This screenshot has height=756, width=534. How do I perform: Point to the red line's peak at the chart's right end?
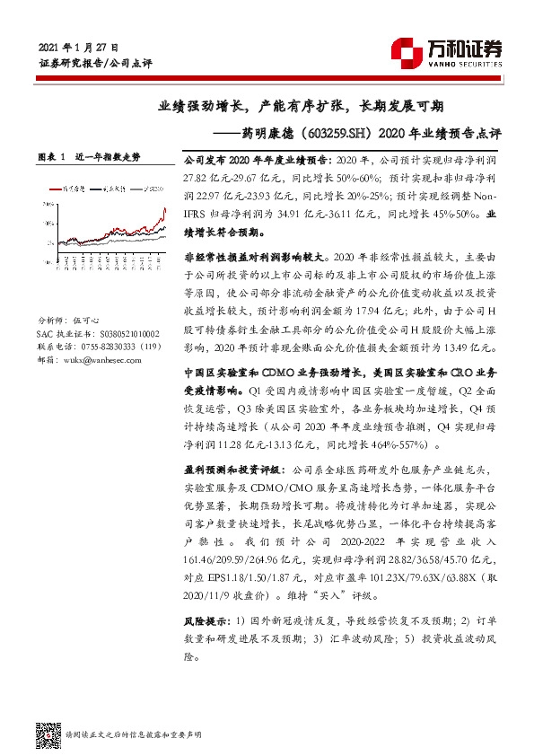164,211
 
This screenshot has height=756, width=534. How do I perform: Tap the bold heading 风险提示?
206,621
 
